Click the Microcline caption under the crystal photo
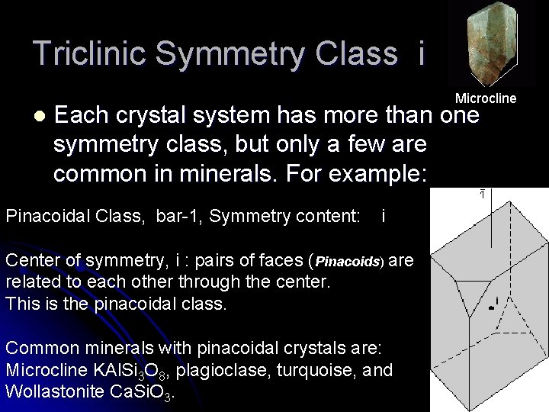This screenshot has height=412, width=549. pos(486,98)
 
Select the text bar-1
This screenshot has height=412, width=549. pos(177,217)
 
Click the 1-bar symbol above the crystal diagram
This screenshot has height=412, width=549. pos(482,195)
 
